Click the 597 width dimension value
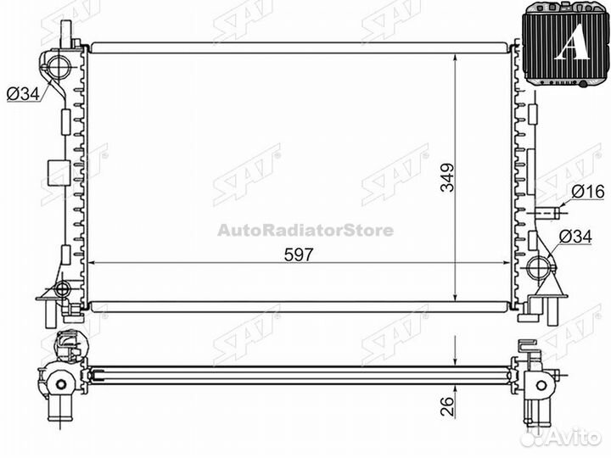(299, 254)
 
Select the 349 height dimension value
(447, 177)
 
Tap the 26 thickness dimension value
(448, 406)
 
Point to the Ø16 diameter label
(588, 192)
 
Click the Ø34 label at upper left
(24, 93)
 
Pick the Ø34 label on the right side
(575, 237)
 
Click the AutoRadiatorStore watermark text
(305, 230)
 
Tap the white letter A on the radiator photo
(572, 42)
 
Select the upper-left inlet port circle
(59, 65)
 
